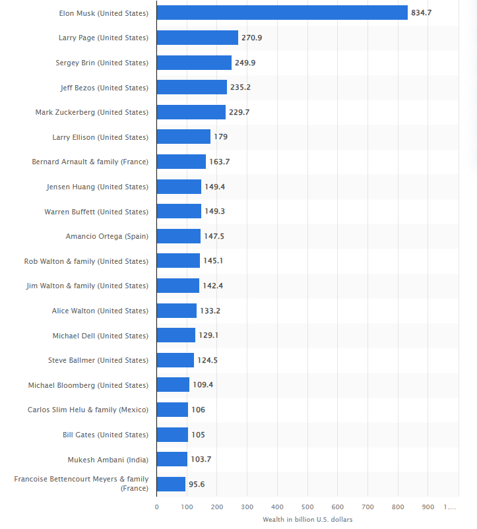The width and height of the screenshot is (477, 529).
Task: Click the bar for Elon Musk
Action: pos(282,13)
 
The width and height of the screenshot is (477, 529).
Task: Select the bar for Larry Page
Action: pos(197,38)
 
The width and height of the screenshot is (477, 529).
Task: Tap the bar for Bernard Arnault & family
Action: pos(181,162)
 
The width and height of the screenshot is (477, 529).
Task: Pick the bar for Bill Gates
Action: pos(172,435)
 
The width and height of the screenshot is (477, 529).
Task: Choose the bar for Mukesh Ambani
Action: pos(172,459)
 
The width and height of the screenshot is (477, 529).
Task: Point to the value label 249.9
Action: pos(245,63)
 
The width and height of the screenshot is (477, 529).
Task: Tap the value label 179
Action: pos(220,137)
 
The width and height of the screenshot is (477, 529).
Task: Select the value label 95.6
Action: pos(197,484)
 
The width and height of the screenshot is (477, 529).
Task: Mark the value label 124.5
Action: pos(208,360)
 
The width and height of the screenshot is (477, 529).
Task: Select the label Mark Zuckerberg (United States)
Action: pos(92,112)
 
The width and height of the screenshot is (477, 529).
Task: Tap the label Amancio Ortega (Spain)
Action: pos(107,236)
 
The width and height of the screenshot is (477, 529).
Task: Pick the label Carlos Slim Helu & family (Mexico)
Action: pos(88,410)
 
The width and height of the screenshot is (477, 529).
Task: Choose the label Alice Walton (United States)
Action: pos(100,311)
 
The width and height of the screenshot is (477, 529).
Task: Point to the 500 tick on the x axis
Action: pos(307,507)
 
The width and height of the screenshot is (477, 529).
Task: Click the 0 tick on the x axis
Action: pos(157,507)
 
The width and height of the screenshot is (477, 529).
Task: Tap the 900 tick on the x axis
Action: pos(428,507)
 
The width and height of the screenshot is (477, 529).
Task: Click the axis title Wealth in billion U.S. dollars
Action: pos(307,520)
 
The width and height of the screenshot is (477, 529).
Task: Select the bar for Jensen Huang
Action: pos(179,187)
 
